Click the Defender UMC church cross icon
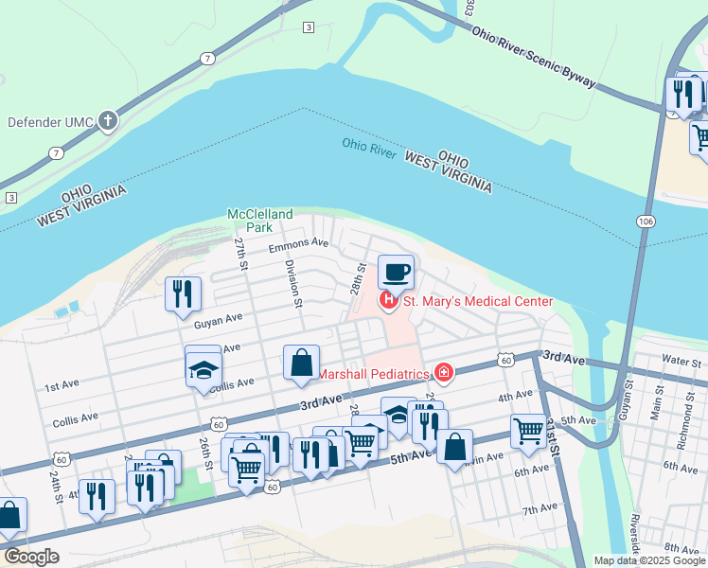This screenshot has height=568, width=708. (x=109, y=121)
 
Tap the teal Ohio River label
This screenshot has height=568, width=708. (x=368, y=145)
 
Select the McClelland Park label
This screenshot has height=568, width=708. (x=260, y=221)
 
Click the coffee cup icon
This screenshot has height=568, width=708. (x=397, y=272)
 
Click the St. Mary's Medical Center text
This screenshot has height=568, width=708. (x=478, y=302)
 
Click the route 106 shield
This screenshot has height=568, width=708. (x=644, y=222)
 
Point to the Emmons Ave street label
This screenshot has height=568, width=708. (x=298, y=244)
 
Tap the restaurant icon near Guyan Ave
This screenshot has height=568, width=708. (x=183, y=293)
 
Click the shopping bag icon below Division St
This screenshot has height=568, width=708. (x=301, y=364)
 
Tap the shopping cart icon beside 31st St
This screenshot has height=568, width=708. (x=528, y=431)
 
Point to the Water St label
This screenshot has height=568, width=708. (x=681, y=362)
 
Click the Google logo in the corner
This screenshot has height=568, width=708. (x=31, y=557)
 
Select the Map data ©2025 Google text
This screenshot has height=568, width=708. (x=649, y=560)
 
